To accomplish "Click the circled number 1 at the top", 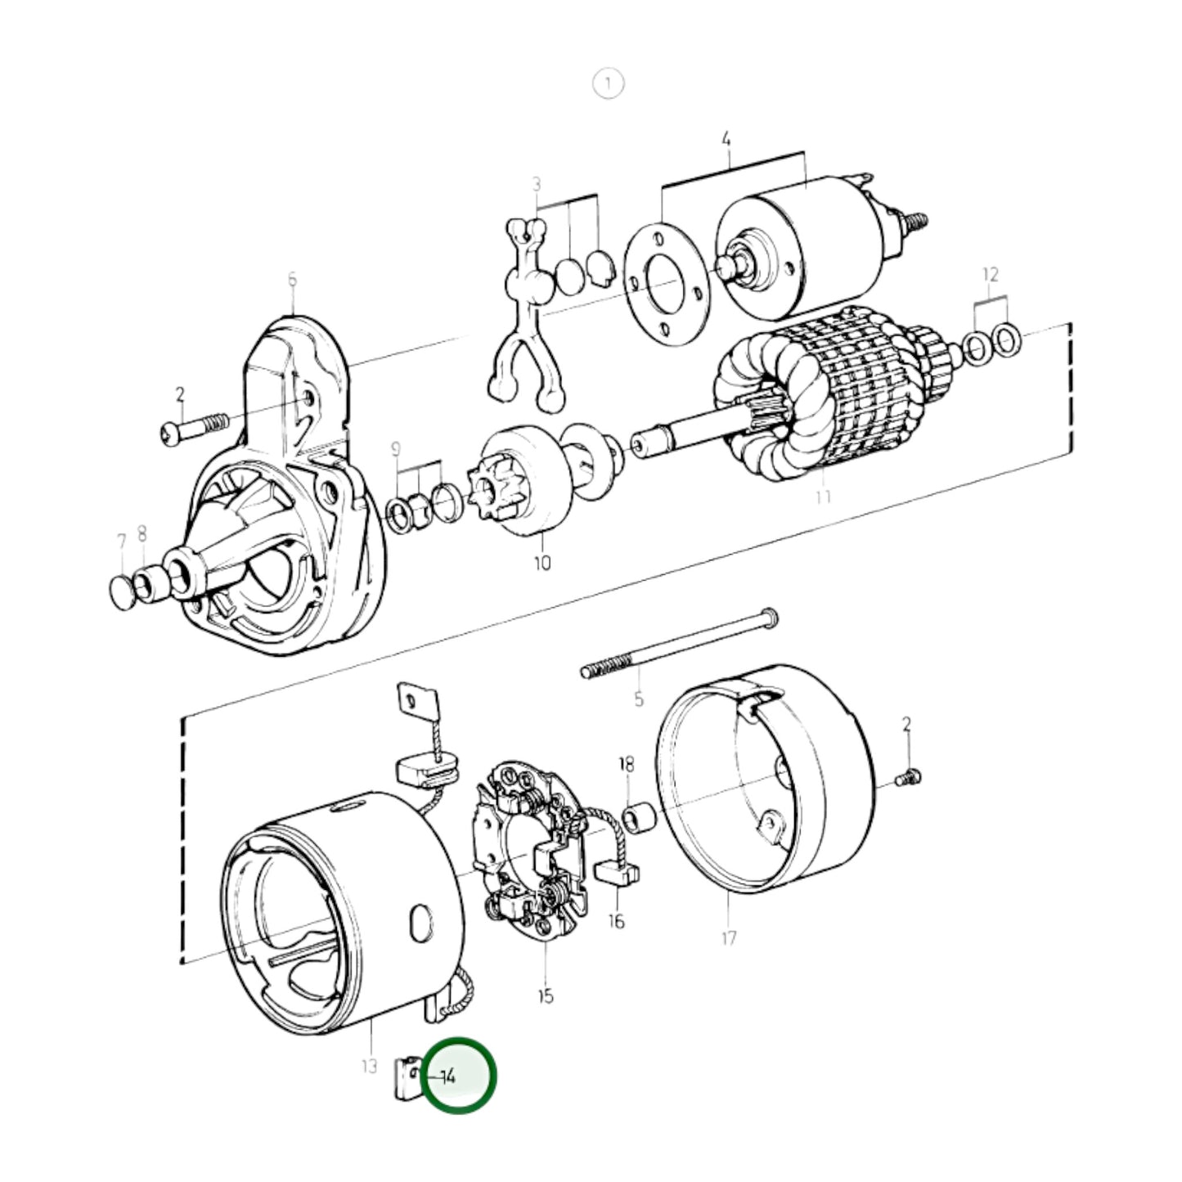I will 608,83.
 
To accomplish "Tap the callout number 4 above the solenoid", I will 726,140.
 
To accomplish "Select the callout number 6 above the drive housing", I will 292,281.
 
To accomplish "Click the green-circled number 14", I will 448,1076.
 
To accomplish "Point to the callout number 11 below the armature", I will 823,497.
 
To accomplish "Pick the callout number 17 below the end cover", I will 729,937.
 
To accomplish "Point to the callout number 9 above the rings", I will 396,448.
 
